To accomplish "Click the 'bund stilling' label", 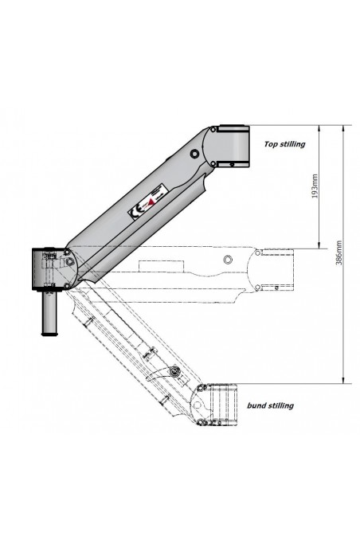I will (270, 405).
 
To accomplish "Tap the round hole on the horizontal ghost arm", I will (228, 260).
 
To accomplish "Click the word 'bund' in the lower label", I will (256, 405).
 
